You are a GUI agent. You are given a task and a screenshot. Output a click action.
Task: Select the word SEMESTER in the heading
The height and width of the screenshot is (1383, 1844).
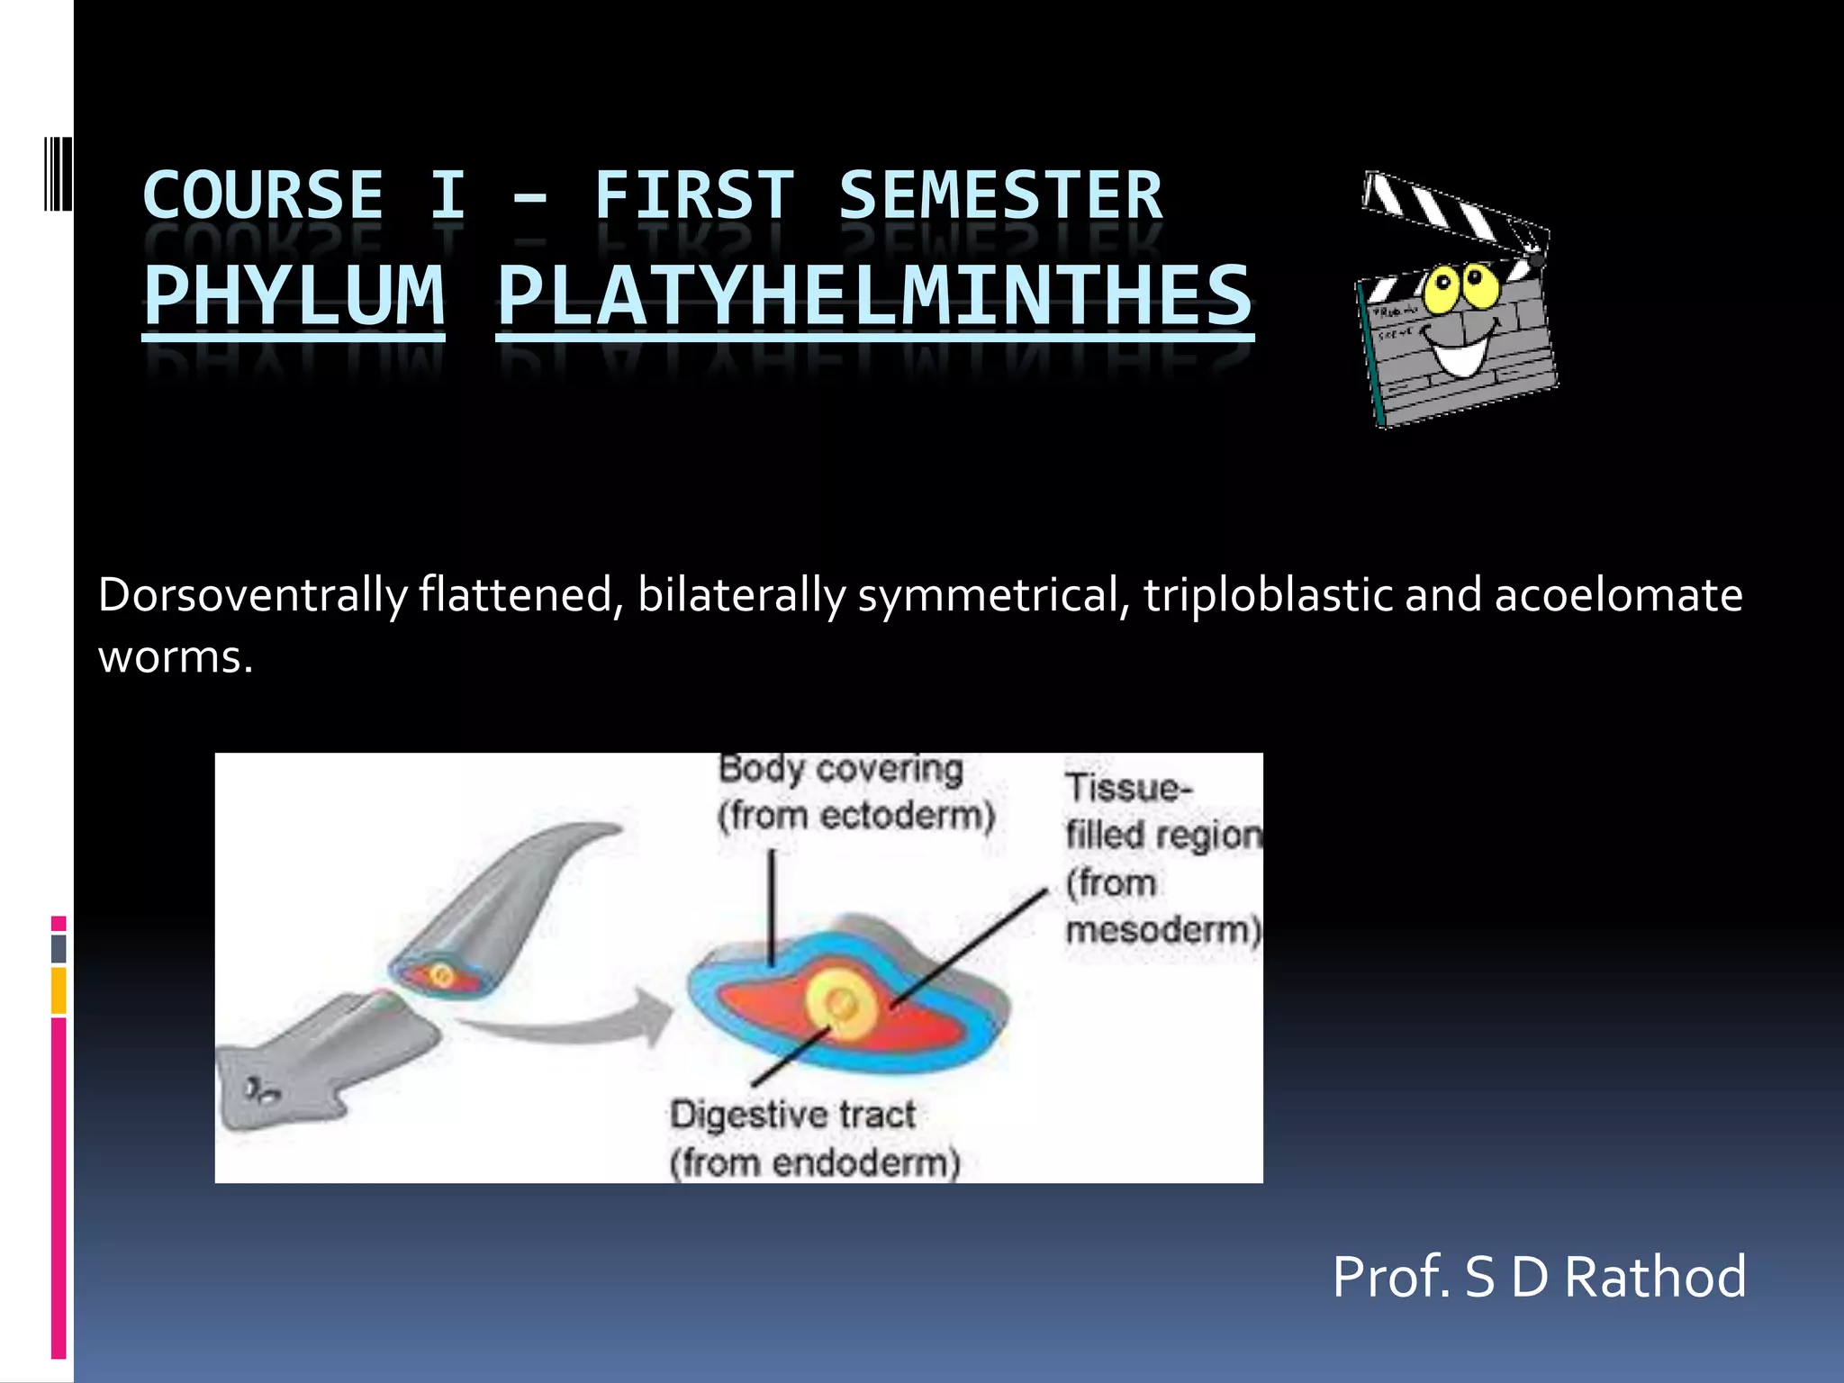(x=1000, y=195)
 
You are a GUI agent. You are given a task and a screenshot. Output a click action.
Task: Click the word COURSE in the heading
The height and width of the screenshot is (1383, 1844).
(x=263, y=195)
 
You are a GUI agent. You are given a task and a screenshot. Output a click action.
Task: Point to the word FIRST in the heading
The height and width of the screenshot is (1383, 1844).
(x=694, y=195)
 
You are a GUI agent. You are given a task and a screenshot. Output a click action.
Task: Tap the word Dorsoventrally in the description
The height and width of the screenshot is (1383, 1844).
(x=253, y=595)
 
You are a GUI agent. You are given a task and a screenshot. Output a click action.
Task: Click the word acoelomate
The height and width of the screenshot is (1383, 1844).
(x=1618, y=595)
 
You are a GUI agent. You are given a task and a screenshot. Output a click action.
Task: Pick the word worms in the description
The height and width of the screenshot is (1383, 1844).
(x=175, y=656)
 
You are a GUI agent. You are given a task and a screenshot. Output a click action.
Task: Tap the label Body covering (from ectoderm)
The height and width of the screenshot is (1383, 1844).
(x=855, y=792)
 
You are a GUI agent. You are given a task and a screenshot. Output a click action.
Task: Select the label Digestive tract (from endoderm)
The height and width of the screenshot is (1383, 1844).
(x=814, y=1138)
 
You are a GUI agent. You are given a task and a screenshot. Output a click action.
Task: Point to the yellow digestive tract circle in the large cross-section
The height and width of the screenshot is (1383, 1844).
(x=843, y=1005)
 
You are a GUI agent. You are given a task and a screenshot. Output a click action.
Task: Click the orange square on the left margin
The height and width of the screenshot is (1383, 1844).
(x=59, y=990)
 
